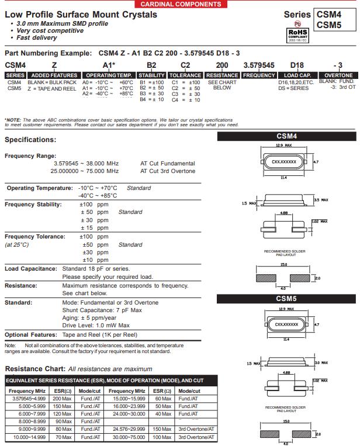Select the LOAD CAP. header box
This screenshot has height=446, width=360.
(298, 75)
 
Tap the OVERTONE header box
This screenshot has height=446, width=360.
(338, 75)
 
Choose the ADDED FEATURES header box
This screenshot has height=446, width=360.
(54, 75)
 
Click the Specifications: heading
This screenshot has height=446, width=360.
(30, 140)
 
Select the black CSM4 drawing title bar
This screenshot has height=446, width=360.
(286, 136)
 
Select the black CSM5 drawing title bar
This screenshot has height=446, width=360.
(286, 299)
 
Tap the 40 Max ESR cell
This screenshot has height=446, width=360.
(163, 414)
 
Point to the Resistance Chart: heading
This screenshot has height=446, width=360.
(35, 369)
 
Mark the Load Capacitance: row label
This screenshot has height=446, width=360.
(30, 269)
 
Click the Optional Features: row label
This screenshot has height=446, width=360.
(30, 335)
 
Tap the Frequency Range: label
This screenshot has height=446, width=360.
(30, 156)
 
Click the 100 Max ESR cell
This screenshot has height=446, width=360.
(163, 436)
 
